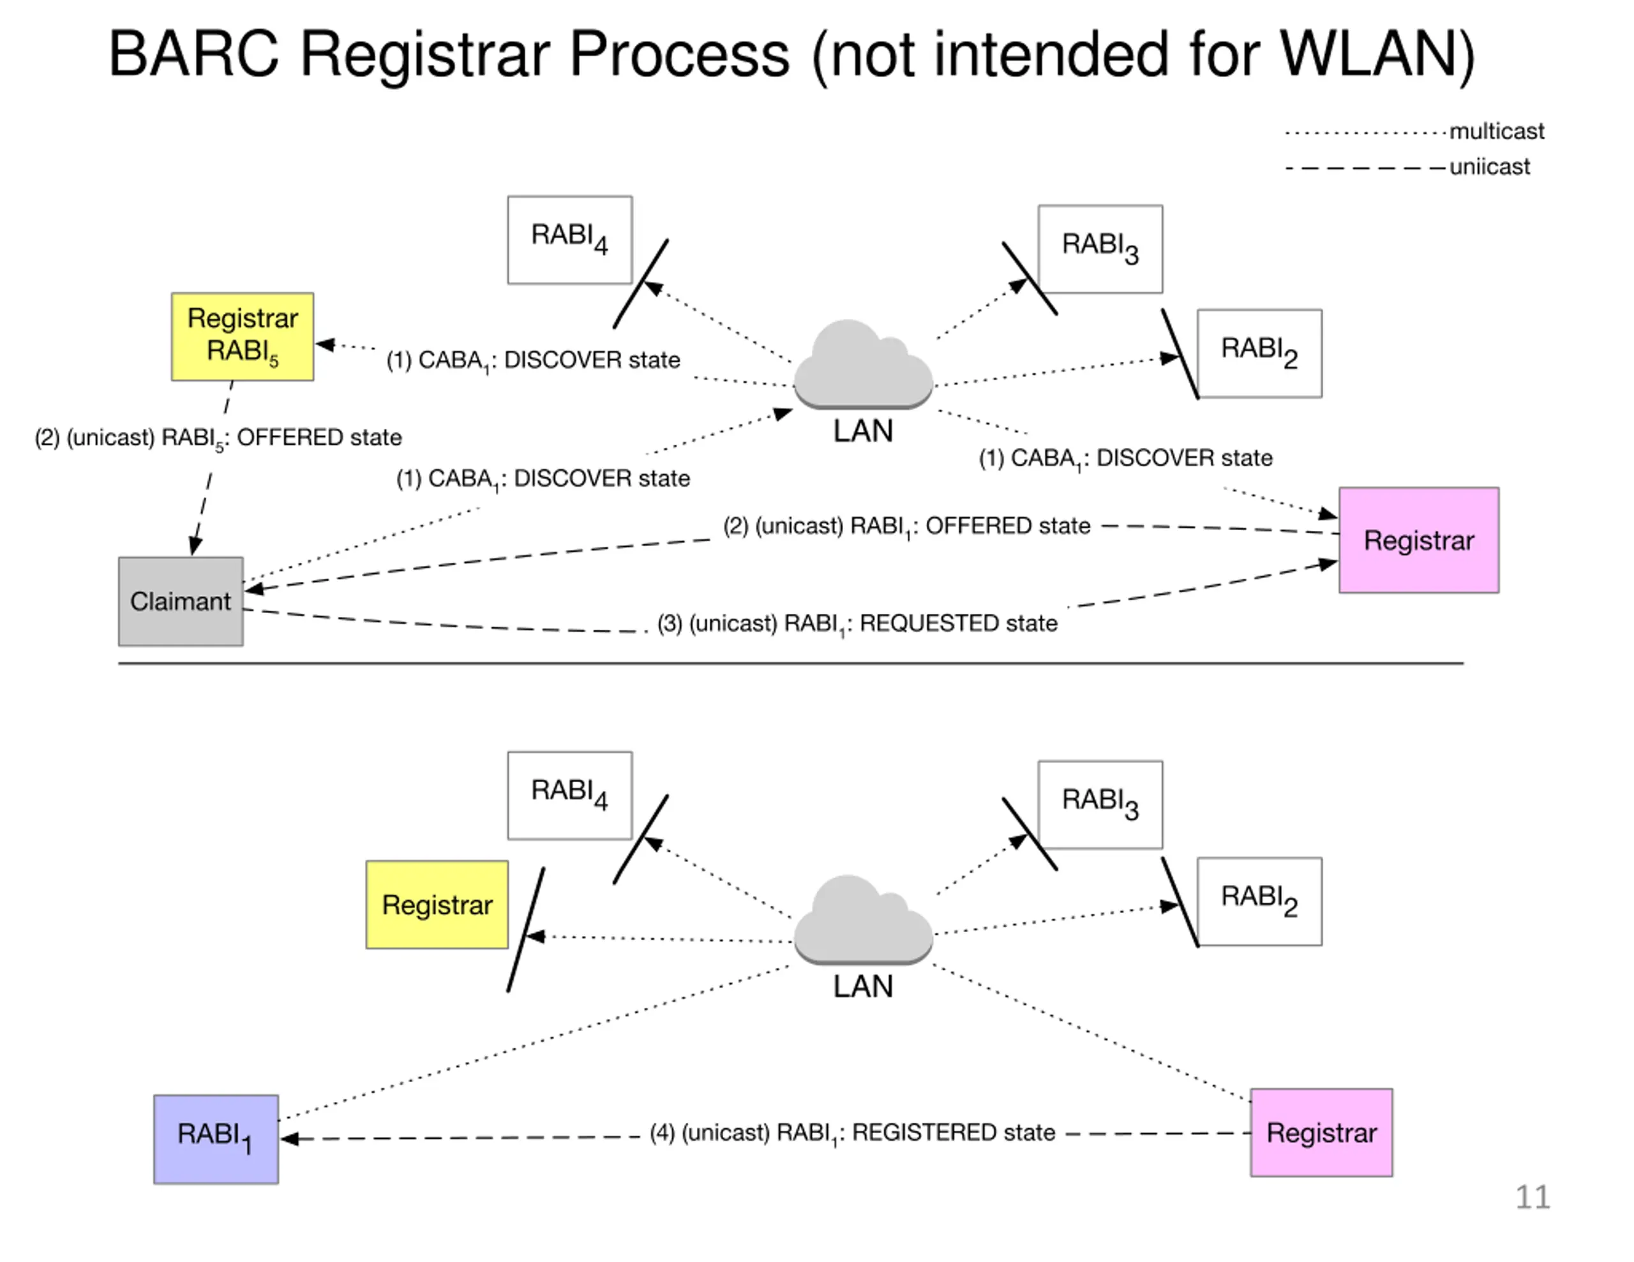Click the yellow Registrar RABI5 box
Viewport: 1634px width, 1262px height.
(243, 337)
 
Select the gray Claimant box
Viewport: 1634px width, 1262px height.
(180, 601)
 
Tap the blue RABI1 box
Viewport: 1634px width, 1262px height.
(216, 1139)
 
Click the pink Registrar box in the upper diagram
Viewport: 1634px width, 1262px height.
(1418, 540)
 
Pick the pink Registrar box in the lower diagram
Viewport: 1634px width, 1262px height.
(1321, 1132)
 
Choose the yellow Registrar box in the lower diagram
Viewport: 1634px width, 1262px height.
(437, 905)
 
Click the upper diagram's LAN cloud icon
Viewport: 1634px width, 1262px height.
(863, 364)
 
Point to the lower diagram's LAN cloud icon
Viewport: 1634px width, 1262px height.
(863, 919)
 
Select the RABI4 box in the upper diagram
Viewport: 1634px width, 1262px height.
(569, 239)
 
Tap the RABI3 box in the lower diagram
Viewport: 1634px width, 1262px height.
(1100, 804)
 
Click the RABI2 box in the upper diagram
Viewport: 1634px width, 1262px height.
(1259, 353)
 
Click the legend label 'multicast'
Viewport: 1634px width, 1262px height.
(1496, 131)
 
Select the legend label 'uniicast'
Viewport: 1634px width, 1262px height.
(1490, 166)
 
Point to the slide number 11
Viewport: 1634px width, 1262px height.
(1533, 1197)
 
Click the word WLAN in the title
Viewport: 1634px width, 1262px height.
(1377, 55)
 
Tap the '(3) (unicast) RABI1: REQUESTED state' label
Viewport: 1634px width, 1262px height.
(857, 624)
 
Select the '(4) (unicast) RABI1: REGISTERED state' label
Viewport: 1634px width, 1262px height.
(852, 1133)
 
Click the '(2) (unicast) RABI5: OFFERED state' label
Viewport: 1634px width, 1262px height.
(218, 438)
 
